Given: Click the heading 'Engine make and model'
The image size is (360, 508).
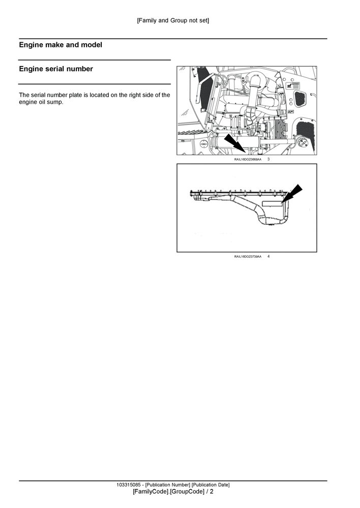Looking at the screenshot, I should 61,45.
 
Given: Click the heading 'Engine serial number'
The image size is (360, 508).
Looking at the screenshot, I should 56,69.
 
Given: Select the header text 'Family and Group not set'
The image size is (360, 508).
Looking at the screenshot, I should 173,20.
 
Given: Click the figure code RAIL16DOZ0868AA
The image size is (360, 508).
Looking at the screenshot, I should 248,160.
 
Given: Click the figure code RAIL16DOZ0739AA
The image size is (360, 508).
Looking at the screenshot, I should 248,257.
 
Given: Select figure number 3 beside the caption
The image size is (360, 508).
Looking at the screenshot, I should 268,160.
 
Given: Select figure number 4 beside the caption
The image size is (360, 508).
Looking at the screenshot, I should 268,257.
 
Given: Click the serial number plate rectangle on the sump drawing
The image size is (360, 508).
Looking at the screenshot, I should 274,208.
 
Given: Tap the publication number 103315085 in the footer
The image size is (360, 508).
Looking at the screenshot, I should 130,485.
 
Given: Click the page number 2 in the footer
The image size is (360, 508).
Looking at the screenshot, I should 212,492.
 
